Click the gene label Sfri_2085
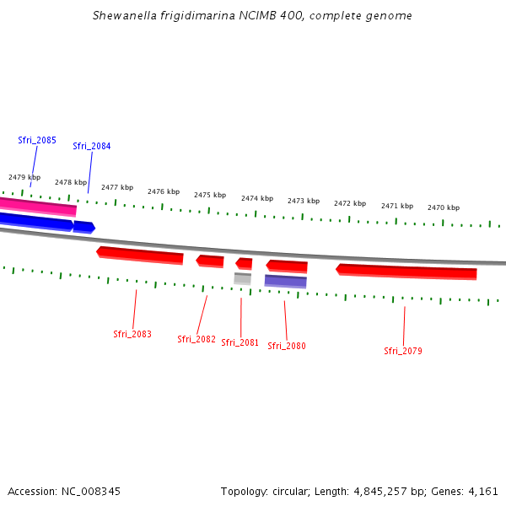pos(37,140)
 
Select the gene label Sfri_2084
pos(92,146)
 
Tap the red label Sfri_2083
pos(132,334)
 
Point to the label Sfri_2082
pos(196,339)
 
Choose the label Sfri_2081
pos(240,342)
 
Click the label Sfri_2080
pos(287,346)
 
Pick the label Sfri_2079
pos(403,351)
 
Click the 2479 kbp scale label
pos(24,177)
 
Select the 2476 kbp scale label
pos(164,191)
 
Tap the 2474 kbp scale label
pos(257,198)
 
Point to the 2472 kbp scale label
pos(350,203)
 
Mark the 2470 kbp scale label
pos(444,207)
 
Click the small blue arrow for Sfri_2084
pos(83,226)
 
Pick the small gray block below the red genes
pos(242,278)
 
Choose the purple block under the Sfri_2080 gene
pos(286,281)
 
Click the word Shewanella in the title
pos(126,16)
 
